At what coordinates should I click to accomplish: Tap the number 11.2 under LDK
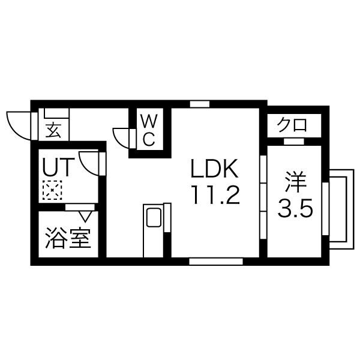click(216, 195)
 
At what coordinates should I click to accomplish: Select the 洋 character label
click(296, 182)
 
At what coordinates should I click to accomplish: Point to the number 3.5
click(295, 208)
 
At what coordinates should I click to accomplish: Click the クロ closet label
click(292, 125)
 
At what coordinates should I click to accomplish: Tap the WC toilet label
click(149, 130)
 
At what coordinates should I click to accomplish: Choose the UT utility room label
click(58, 167)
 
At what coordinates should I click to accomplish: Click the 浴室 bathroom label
click(68, 238)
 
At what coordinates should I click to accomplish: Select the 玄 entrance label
click(53, 131)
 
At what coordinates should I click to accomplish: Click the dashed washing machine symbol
click(52, 190)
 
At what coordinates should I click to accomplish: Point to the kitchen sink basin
click(154, 217)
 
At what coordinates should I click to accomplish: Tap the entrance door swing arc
click(19, 126)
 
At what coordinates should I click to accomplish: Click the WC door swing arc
click(121, 138)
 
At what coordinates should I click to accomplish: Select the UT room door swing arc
click(89, 163)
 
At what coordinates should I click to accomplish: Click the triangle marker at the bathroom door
click(85, 217)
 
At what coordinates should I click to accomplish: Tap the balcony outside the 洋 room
click(341, 209)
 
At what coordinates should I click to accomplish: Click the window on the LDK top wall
click(200, 104)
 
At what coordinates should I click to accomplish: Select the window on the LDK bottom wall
click(216, 261)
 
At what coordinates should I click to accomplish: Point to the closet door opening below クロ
click(294, 142)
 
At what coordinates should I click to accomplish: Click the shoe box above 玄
click(56, 113)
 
